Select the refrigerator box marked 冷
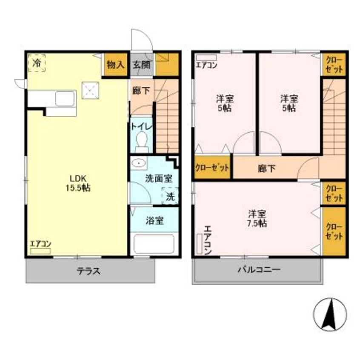(37, 63)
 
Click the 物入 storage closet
(115, 65)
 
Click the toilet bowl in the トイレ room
(141, 141)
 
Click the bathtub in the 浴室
(154, 244)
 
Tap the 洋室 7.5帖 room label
(258, 218)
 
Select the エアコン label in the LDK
(40, 244)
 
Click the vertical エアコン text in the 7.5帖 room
(207, 240)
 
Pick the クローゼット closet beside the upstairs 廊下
(212, 167)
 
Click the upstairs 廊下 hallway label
(266, 168)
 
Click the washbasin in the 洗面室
(138, 163)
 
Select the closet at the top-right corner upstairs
(334, 64)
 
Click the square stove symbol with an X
(90, 90)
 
